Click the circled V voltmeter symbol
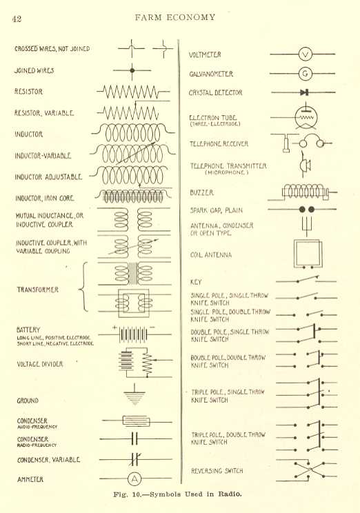coord(306,54)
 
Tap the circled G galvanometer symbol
coord(306,74)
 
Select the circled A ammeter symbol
coord(134,479)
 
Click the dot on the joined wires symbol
coord(132,70)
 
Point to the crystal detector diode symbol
coord(304,92)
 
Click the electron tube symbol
coord(306,117)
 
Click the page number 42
coord(17,19)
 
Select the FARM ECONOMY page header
coord(175,17)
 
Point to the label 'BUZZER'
coord(201,192)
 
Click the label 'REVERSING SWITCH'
coord(217,471)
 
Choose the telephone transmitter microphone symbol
coord(305,165)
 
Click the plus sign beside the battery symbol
coord(114,327)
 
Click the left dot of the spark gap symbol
coord(302,209)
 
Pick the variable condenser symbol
coord(134,459)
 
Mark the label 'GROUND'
coord(28,401)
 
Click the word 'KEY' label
coord(196,282)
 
